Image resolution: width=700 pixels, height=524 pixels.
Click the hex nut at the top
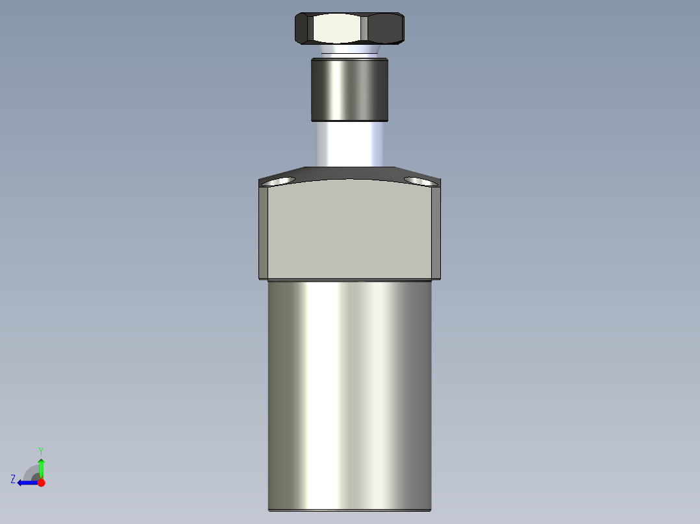click(349, 28)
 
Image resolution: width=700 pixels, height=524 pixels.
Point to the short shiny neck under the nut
click(349, 51)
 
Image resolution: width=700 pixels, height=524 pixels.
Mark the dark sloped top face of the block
click(349, 173)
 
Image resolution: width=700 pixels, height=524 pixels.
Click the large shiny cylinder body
click(349, 389)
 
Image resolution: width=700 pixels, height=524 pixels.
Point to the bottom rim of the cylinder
click(349, 510)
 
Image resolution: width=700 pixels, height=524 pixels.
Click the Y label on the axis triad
click(40, 450)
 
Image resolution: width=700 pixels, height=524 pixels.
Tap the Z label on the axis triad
click(13, 479)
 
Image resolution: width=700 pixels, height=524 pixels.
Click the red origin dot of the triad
click(41, 482)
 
